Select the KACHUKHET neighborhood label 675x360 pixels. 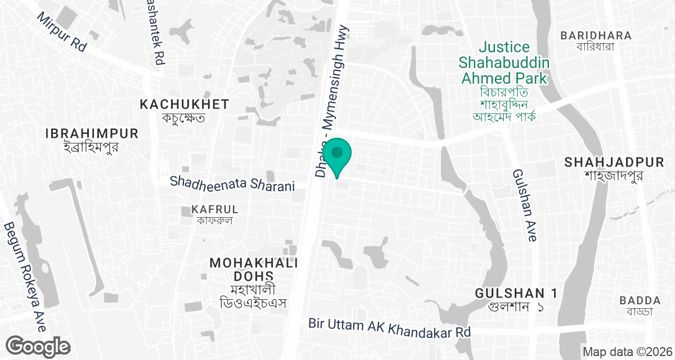[184, 104]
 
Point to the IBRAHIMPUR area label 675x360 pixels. [92, 134]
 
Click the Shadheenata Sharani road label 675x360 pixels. [233, 183]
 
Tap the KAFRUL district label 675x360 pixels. [215, 209]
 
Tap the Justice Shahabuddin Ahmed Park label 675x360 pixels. [503, 62]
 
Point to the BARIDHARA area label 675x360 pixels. [596, 35]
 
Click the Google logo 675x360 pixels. [38, 346]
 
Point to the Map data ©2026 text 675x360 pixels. [627, 352]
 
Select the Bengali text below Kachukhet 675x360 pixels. [183, 118]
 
